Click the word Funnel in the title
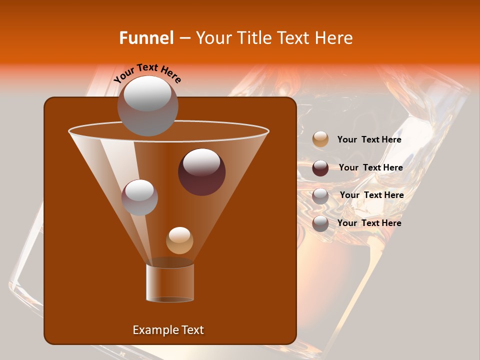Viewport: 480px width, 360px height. coord(146,38)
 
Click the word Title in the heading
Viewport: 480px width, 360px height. coord(254,38)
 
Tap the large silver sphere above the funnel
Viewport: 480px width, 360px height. coord(147,106)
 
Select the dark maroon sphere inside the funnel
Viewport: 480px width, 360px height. coord(201,172)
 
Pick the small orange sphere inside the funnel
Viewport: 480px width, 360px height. coord(179,240)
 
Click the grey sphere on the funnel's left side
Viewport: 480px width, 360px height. coord(139,197)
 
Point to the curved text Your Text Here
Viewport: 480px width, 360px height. coord(147,72)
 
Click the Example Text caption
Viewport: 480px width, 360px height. coord(168,330)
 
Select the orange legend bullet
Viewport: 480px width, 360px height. coord(320,139)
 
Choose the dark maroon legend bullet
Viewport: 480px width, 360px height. coord(320,168)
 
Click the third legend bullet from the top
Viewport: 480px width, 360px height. coord(320,196)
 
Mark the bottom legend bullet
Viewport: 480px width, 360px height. coord(320,223)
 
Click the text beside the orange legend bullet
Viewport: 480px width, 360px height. coord(369,139)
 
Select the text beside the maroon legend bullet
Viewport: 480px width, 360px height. coord(370,167)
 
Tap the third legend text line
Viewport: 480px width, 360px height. coord(371,195)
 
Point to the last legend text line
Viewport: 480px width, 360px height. coord(369,223)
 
